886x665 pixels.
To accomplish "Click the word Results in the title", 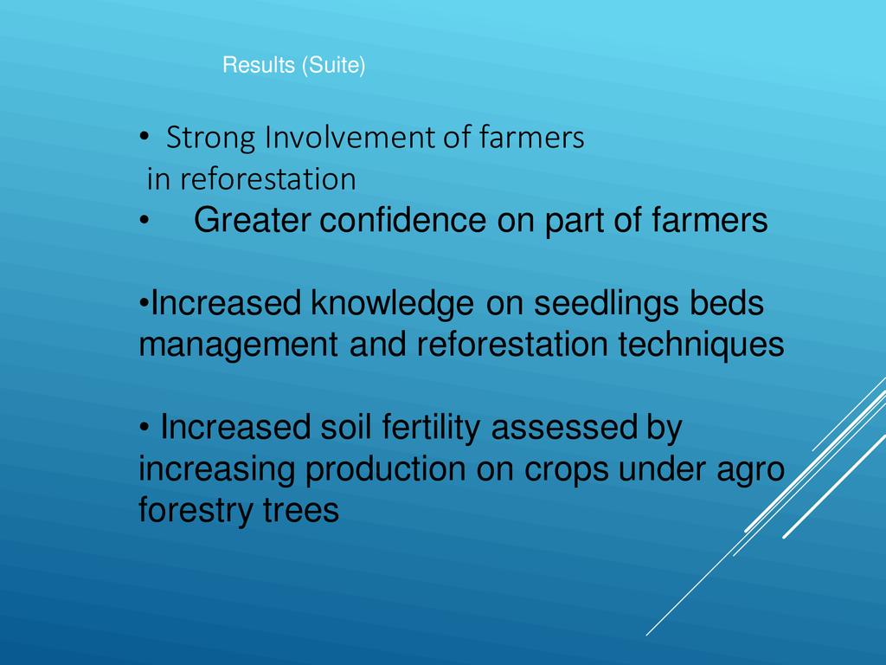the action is (x=259, y=64).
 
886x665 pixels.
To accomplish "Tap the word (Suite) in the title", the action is (x=333, y=66).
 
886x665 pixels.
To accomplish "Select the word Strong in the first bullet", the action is (x=211, y=139).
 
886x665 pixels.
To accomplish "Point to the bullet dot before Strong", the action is (x=144, y=138).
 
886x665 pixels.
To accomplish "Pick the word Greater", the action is (x=252, y=220).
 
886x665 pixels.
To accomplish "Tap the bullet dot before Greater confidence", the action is (x=144, y=221).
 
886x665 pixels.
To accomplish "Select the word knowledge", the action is (x=392, y=304).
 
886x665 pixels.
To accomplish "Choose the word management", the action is (x=239, y=345).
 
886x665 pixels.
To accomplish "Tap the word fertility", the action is (x=431, y=428).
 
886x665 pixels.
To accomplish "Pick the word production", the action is (x=385, y=470).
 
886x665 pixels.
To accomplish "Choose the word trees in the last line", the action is (x=301, y=511).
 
